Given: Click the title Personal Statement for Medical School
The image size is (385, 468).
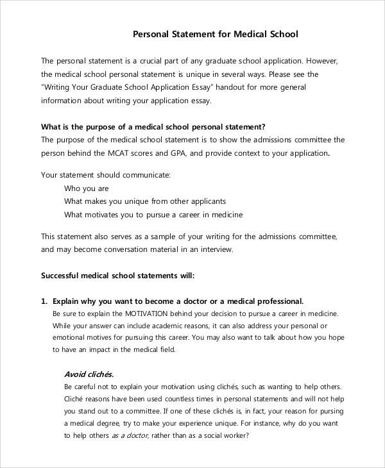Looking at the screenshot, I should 216,34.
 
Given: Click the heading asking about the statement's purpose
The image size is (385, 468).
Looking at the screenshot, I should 153,126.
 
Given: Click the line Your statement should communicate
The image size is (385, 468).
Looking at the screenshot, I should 106,174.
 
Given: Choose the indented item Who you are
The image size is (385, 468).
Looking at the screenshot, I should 87,188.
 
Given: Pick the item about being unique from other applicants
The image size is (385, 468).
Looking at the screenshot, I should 145,201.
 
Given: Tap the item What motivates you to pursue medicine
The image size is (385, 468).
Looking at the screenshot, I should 153,215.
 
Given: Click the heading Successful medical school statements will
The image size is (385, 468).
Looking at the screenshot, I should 117,276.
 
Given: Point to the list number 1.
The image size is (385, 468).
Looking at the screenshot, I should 44,301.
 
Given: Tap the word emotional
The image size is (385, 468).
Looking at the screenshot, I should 69,337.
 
